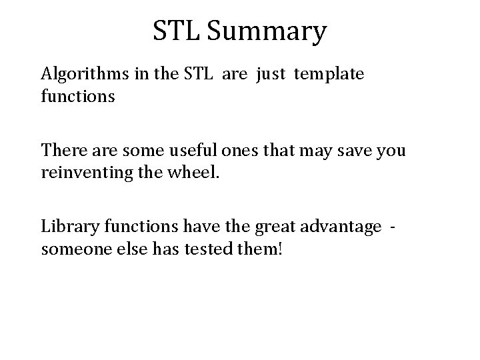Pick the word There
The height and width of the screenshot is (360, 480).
point(61,151)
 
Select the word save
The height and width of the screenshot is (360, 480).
point(342,151)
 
